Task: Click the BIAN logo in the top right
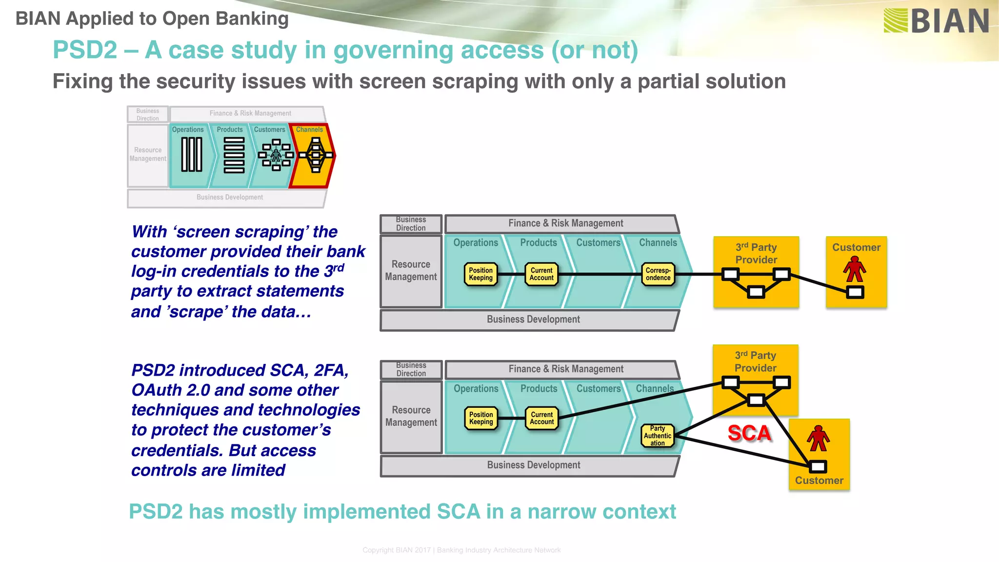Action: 936,20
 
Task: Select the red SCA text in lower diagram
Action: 749,433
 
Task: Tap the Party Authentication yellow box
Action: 657,436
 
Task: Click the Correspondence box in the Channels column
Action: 658,274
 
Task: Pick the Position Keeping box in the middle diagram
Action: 480,274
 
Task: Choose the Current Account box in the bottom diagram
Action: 541,418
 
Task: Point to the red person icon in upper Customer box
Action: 855,270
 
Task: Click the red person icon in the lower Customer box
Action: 818,438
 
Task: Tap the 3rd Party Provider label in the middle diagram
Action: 756,253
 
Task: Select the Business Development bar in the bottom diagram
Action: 533,465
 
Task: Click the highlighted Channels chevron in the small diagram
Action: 312,155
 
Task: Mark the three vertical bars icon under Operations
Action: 192,155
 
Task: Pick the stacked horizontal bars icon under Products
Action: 234,155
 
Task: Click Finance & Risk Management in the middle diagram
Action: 565,223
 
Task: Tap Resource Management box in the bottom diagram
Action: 411,416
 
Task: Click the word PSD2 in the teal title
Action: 85,50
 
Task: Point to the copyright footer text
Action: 461,550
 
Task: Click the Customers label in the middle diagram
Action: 598,243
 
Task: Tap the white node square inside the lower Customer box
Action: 818,467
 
